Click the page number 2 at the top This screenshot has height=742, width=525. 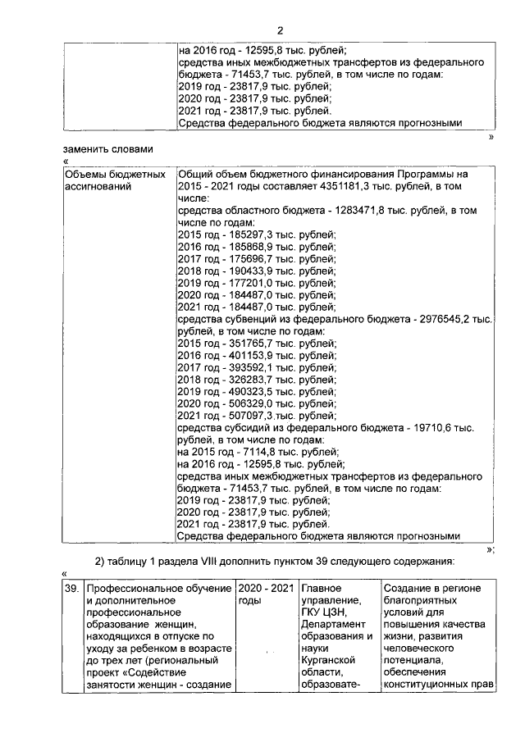[280, 30]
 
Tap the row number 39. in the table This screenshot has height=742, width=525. [71, 589]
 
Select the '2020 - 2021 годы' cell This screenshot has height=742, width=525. [264, 594]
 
